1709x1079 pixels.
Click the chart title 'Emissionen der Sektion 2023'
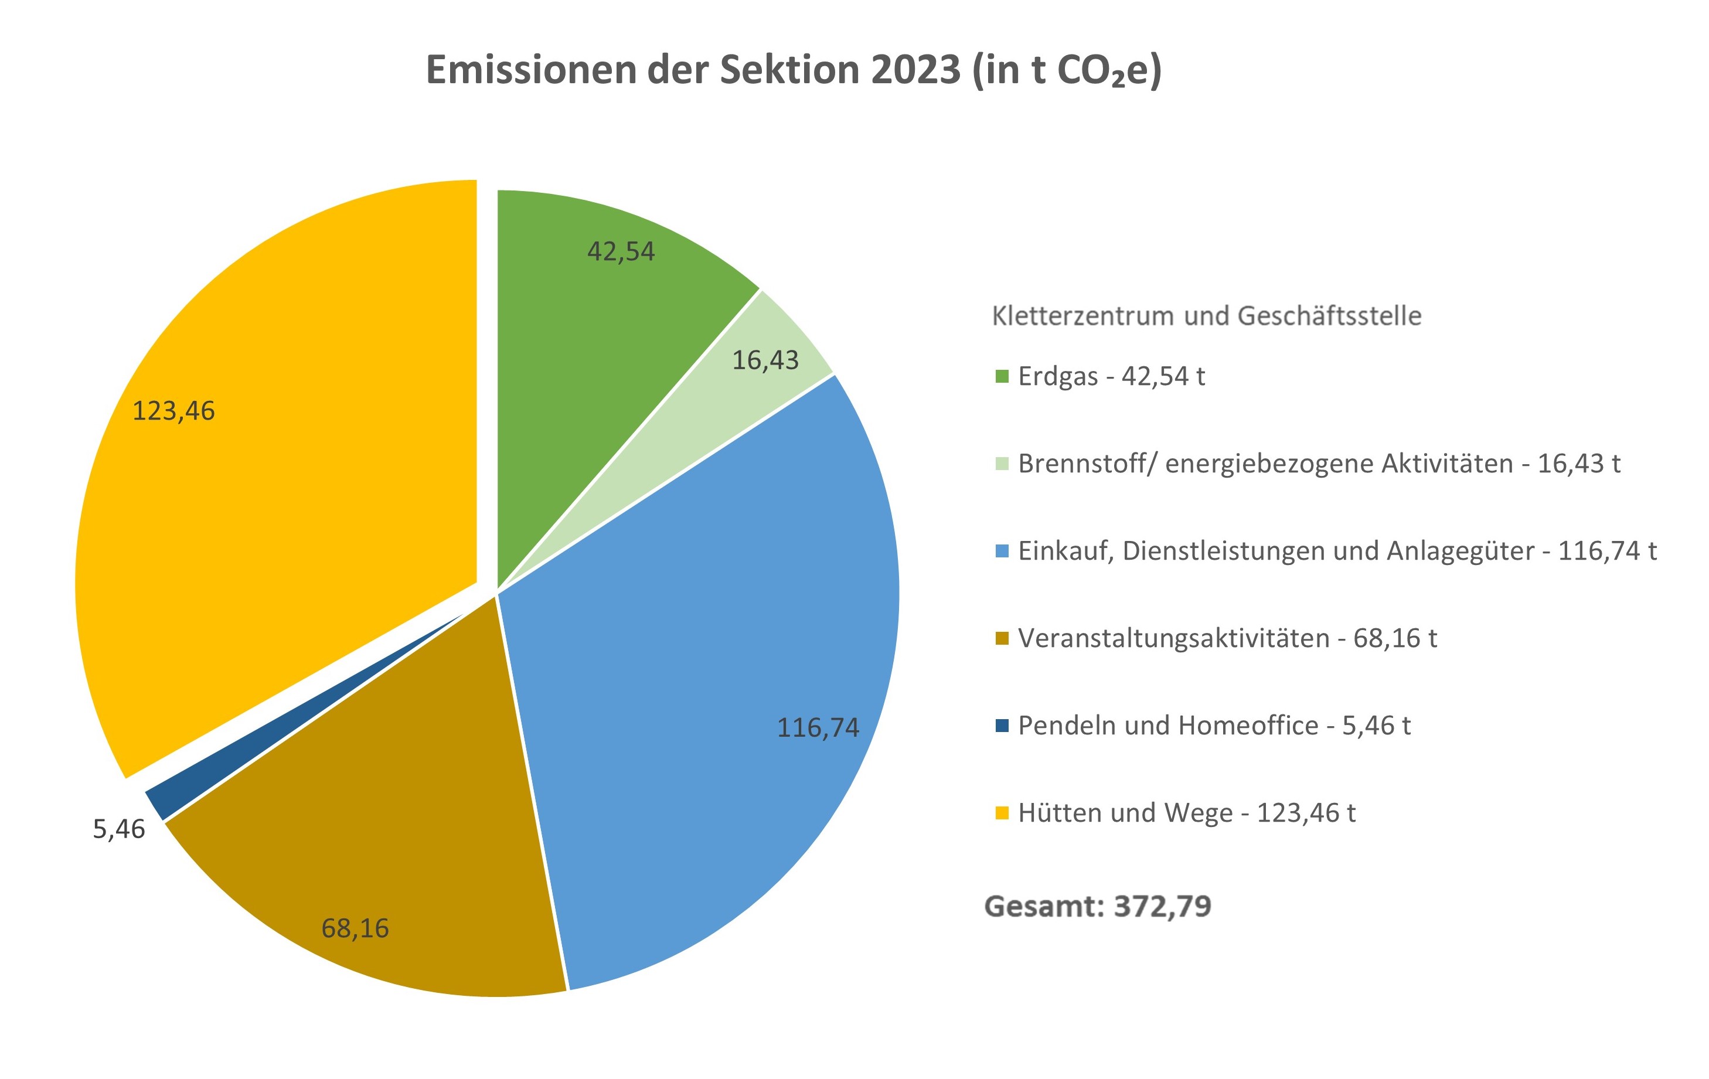pos(793,70)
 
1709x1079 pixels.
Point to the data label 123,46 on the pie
pos(174,411)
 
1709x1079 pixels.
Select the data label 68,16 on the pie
pos(355,928)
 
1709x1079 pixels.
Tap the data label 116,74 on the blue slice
pos(818,727)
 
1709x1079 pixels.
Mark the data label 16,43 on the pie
pos(765,360)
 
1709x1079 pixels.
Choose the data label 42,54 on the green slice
pos(621,251)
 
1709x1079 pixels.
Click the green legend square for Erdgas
pos(1002,376)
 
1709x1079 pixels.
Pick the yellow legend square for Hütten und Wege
pos(1002,813)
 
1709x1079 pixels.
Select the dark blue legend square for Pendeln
pos(1002,726)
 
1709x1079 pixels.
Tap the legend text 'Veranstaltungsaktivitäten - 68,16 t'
pos(1227,638)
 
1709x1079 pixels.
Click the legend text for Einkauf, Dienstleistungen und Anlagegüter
pos(1337,551)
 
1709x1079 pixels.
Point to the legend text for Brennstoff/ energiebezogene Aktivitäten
pos(1319,464)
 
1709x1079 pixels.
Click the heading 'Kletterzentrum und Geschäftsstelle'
pos(1207,316)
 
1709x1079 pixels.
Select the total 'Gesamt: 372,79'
pos(1098,907)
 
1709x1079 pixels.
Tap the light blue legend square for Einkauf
pos(1002,551)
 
